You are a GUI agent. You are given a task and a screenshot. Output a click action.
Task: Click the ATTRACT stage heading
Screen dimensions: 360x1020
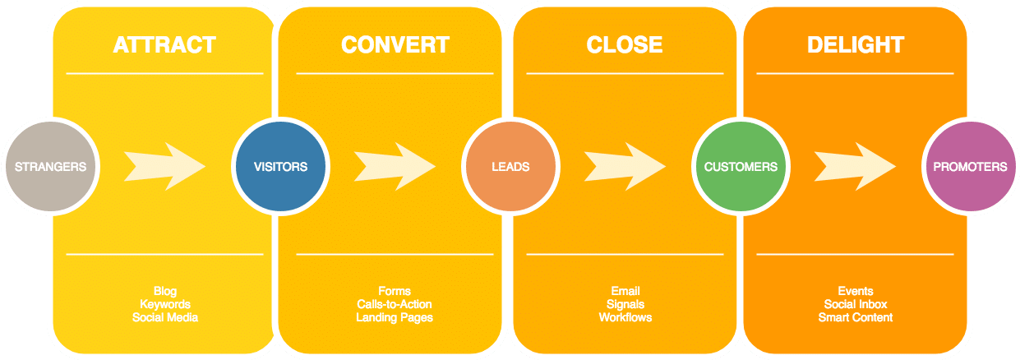click(164, 44)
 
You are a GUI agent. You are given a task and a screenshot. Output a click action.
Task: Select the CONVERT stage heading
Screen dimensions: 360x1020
click(395, 44)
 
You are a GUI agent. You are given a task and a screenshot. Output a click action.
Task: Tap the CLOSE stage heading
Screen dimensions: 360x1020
click(625, 44)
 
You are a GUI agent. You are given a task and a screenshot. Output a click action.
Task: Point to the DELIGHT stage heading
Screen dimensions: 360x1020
click(855, 44)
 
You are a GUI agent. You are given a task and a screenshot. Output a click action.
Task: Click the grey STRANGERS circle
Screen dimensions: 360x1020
click(50, 167)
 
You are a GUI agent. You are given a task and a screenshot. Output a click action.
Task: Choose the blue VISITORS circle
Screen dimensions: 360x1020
click(280, 167)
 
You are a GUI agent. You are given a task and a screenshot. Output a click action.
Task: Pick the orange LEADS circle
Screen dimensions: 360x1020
click(510, 167)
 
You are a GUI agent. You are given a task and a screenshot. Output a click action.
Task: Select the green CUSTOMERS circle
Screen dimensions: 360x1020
click(741, 167)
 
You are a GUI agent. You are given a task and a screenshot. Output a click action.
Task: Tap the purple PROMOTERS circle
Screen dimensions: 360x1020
click(970, 167)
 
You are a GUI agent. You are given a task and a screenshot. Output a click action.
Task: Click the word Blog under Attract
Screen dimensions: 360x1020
click(164, 292)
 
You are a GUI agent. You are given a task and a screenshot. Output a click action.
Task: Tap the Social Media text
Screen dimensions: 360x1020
click(164, 317)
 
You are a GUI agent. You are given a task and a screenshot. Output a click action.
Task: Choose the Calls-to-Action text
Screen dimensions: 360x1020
click(395, 305)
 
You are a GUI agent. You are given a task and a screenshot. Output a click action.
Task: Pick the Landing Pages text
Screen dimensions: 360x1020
click(395, 317)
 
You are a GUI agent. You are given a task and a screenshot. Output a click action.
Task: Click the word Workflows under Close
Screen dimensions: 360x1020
click(625, 317)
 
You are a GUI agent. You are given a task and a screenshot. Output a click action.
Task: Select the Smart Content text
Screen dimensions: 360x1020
click(855, 317)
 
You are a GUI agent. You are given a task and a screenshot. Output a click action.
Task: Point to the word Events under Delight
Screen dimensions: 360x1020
click(855, 292)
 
